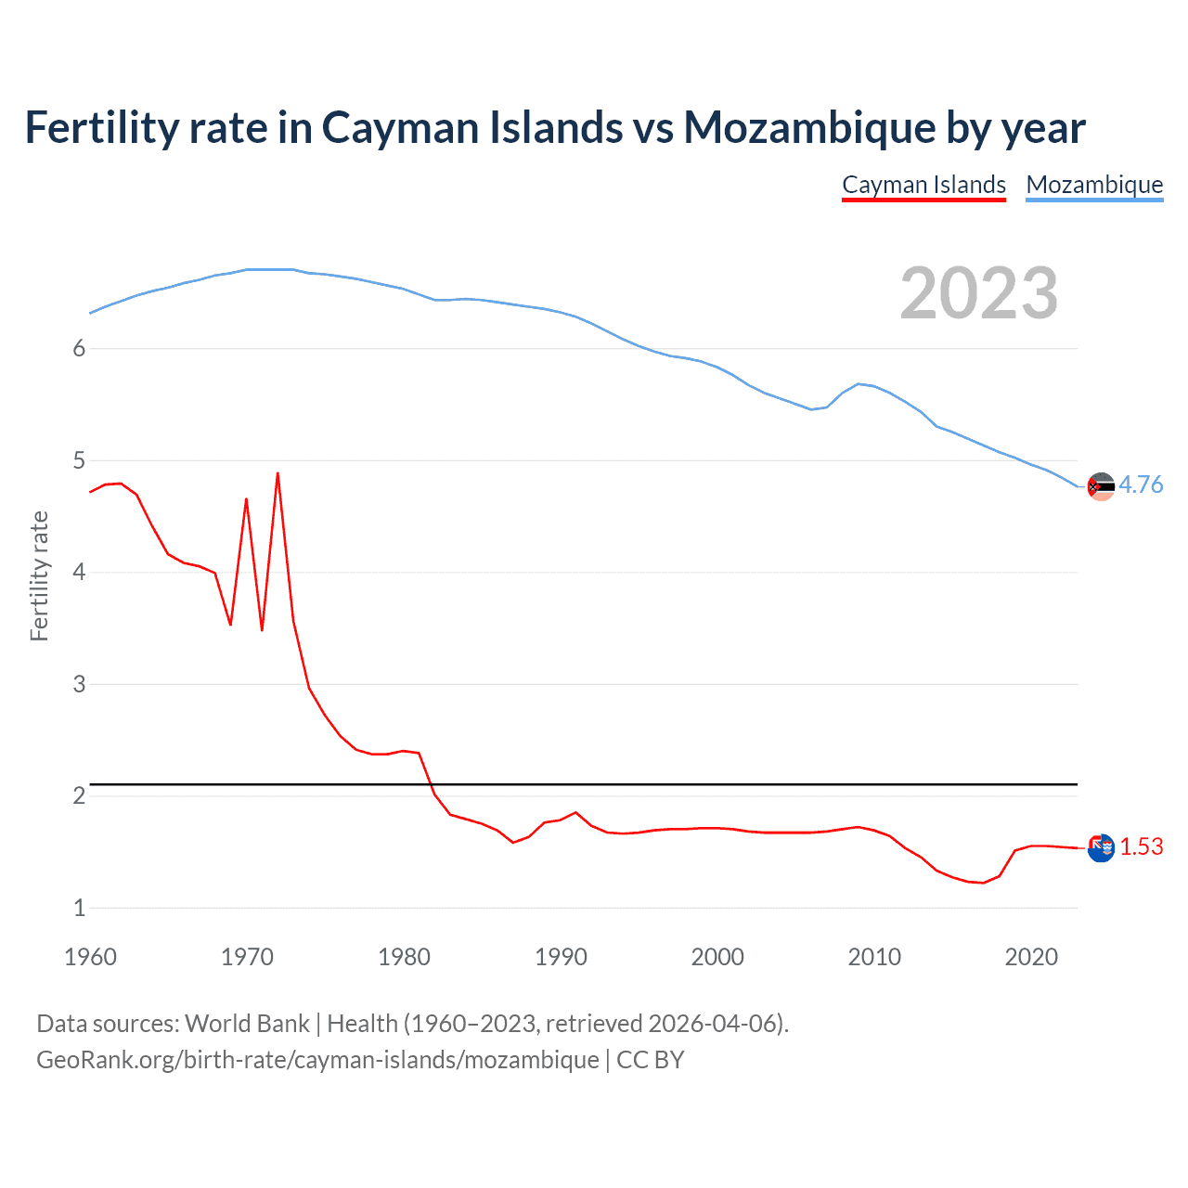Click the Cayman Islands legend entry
tap(923, 185)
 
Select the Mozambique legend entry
tap(1094, 185)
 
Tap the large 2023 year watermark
tap(978, 293)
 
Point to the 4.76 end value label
tap(1141, 484)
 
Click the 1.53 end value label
tap(1141, 846)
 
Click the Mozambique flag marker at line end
tap(1101, 486)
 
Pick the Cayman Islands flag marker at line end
tap(1101, 847)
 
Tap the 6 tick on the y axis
tap(79, 348)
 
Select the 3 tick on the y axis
tap(79, 684)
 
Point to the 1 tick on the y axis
tap(79, 908)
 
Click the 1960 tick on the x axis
tap(90, 957)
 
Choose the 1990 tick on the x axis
tap(561, 957)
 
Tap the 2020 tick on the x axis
tap(1031, 957)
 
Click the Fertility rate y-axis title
tap(39, 575)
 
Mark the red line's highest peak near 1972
tap(278, 474)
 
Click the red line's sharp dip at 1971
tap(262, 629)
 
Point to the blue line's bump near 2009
tap(859, 383)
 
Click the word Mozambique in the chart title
tap(808, 127)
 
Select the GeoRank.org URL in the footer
tap(317, 1059)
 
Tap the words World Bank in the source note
tap(247, 1023)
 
